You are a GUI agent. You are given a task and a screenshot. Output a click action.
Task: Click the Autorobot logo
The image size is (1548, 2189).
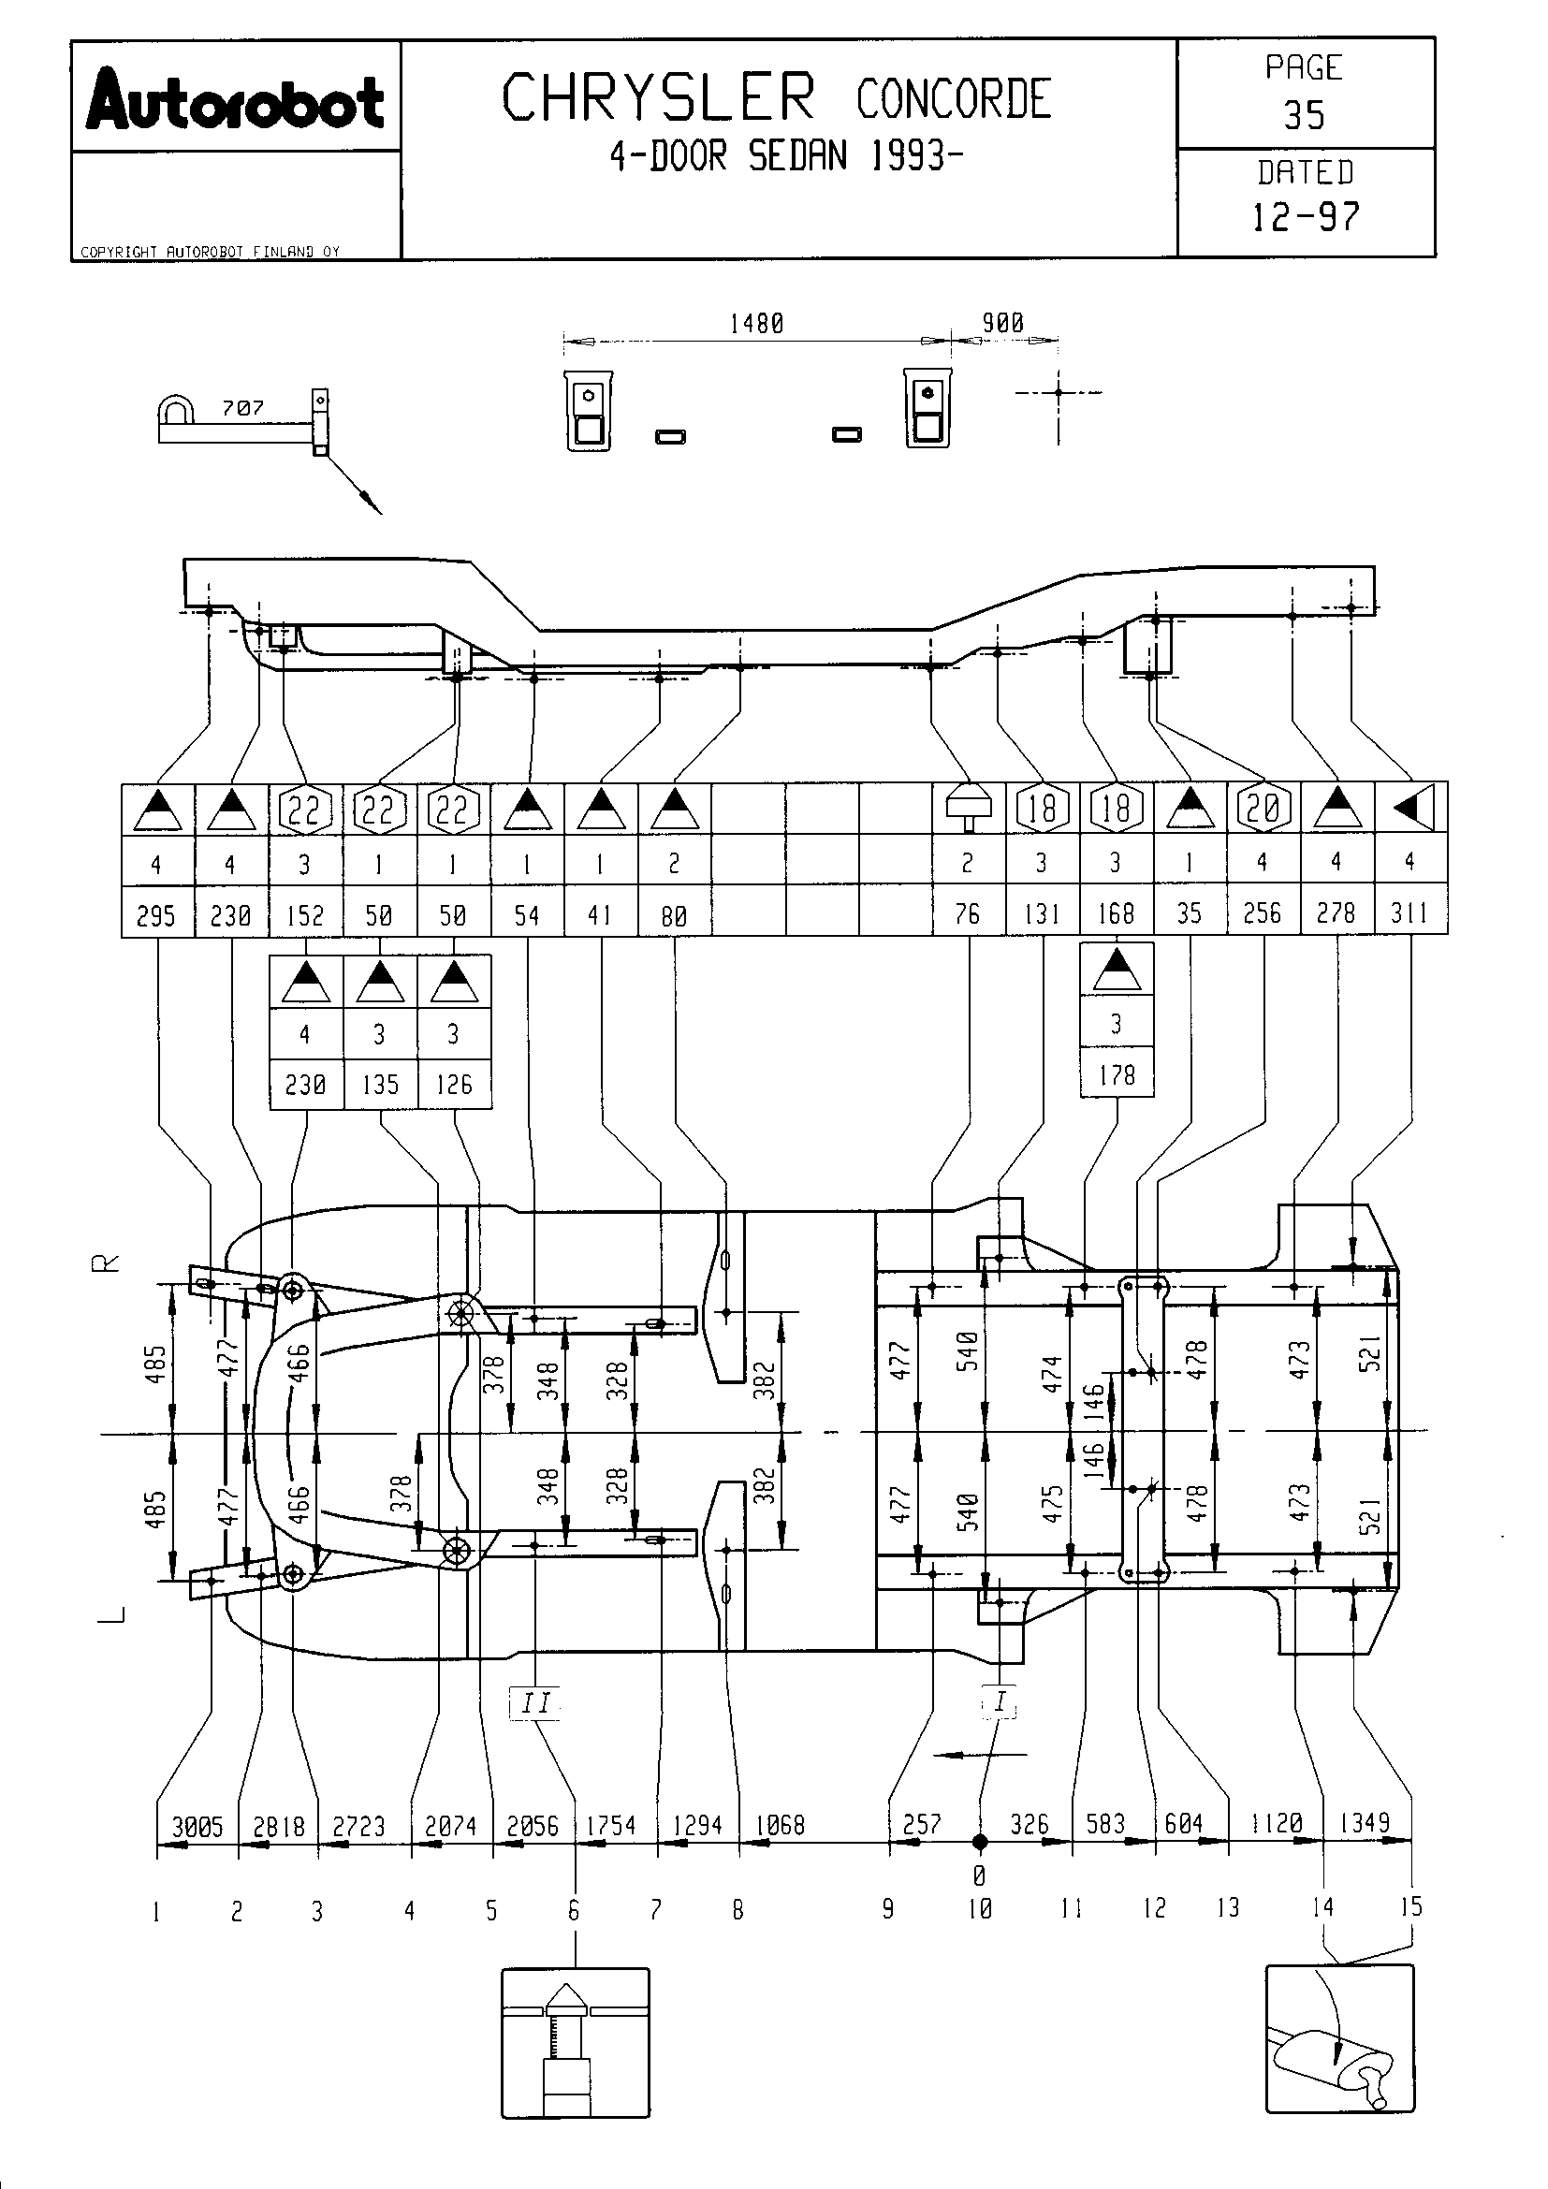[x=236, y=99]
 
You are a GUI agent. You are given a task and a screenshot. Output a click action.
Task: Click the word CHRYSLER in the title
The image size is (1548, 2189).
[x=659, y=98]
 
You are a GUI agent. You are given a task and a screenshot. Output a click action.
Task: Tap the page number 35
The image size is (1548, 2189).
[x=1304, y=115]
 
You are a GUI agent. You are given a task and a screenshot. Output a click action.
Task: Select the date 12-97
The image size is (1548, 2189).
[x=1305, y=217]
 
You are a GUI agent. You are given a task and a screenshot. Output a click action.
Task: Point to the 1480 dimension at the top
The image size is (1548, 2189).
[x=757, y=324]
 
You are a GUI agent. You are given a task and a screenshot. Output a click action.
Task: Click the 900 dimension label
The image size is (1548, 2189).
[x=1002, y=323]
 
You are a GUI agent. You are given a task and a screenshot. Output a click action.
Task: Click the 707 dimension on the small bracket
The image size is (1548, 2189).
[x=243, y=408]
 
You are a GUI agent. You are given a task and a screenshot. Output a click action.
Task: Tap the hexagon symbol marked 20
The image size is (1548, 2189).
[x=1263, y=809]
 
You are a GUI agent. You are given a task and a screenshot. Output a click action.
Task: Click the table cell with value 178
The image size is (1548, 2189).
[x=1117, y=1074]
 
